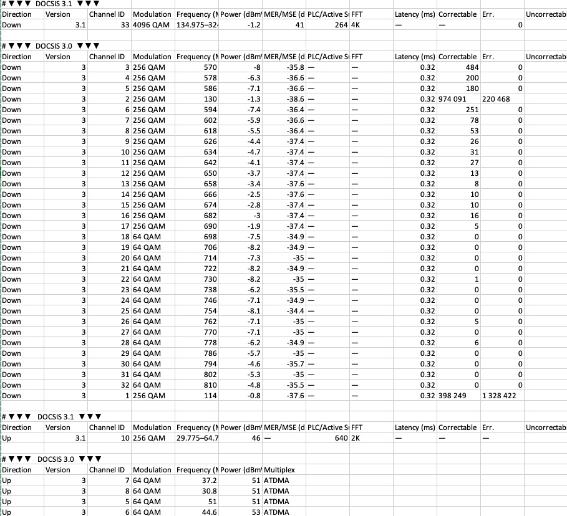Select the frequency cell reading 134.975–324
point(196,25)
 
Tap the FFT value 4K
point(356,25)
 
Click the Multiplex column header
point(279,470)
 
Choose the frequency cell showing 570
point(210,67)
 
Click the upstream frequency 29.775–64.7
point(196,438)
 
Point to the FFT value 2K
point(356,438)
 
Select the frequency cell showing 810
point(210,385)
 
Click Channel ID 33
point(124,25)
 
